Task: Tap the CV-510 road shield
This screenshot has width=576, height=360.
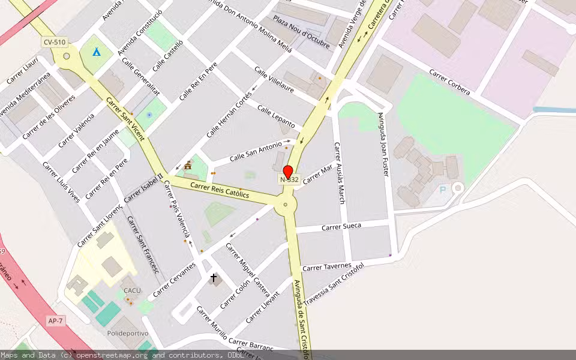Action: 54,42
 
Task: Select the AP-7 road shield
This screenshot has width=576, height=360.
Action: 55,321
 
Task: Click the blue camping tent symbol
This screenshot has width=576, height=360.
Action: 96,52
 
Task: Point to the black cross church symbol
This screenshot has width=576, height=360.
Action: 214,278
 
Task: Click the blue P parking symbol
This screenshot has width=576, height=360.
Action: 443,190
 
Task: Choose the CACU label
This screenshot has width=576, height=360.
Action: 132,290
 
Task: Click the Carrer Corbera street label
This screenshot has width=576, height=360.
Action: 449,82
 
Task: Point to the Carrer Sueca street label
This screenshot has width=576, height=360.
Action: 341,226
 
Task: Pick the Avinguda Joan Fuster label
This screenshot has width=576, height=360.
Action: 384,144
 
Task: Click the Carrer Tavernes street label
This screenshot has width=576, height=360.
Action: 326,266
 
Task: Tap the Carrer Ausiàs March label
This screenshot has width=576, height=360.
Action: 340,173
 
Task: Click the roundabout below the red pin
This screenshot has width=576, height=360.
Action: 286,205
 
